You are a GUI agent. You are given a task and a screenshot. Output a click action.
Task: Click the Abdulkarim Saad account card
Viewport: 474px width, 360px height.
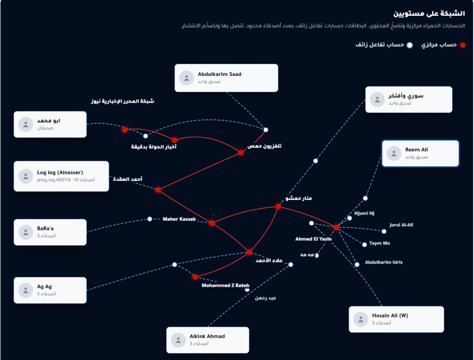[226, 78]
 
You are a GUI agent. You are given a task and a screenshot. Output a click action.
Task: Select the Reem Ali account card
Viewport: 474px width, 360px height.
[420, 153]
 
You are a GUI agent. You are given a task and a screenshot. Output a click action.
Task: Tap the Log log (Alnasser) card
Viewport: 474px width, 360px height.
[62, 176]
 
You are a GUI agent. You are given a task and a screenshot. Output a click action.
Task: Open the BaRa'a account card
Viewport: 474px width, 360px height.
[50, 232]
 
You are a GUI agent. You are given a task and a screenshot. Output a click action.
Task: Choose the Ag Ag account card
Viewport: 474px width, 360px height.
[50, 290]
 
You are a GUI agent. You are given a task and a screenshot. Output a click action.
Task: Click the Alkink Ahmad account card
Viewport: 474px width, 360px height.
[208, 340]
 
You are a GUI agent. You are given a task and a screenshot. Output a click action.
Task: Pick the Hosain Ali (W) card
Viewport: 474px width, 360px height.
[396, 319]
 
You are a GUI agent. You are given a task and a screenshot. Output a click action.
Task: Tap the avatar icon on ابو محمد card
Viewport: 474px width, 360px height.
[26, 124]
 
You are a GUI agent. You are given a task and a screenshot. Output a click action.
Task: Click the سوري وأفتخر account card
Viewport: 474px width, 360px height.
[409, 100]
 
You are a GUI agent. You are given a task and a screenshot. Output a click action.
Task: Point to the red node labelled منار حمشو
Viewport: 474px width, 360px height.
[278, 207]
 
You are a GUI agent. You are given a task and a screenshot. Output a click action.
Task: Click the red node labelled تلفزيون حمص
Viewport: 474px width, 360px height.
[241, 153]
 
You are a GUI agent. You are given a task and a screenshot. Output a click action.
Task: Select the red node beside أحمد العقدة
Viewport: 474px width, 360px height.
[158, 190]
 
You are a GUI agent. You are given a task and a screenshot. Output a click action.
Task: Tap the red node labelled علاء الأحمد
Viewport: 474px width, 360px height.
[249, 252]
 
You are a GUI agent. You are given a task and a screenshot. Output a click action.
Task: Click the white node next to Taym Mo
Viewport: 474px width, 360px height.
[365, 244]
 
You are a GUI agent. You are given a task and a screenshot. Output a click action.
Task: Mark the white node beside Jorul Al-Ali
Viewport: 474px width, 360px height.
[384, 231]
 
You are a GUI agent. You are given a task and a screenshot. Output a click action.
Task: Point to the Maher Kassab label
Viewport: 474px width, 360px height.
[179, 219]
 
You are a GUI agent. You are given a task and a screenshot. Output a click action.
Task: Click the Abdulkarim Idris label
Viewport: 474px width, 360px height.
[384, 262]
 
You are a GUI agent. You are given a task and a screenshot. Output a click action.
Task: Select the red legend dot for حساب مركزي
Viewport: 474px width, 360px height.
[463, 45]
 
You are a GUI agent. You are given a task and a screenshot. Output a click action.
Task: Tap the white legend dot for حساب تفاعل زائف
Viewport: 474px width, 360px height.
[410, 45]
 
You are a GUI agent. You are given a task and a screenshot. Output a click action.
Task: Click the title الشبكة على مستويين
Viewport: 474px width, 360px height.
[429, 13]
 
